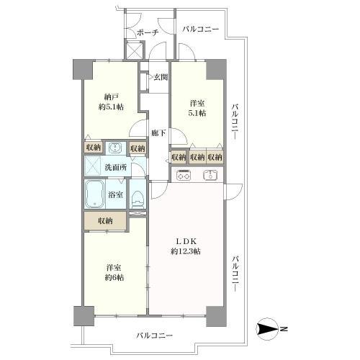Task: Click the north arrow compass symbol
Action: tap(268, 330)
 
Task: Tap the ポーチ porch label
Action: tap(148, 32)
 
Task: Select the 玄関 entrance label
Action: tap(159, 78)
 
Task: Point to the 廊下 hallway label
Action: tap(158, 132)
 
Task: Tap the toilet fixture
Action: tap(138, 197)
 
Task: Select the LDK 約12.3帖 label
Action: tap(186, 246)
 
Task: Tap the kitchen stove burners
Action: tap(183, 174)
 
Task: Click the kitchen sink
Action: tap(210, 174)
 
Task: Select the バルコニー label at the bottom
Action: tap(153, 336)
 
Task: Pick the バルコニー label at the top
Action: tap(200, 30)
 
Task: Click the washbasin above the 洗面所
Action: tap(113, 147)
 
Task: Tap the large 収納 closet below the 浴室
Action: tap(106, 220)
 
